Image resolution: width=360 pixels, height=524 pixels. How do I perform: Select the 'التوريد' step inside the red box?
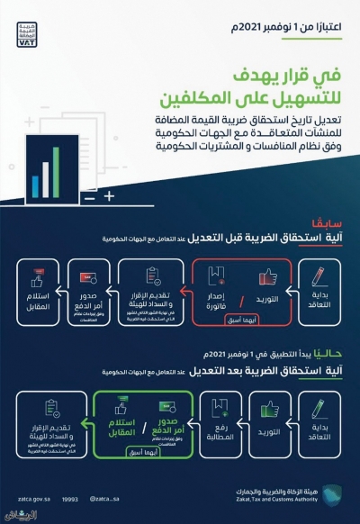(261, 287)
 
